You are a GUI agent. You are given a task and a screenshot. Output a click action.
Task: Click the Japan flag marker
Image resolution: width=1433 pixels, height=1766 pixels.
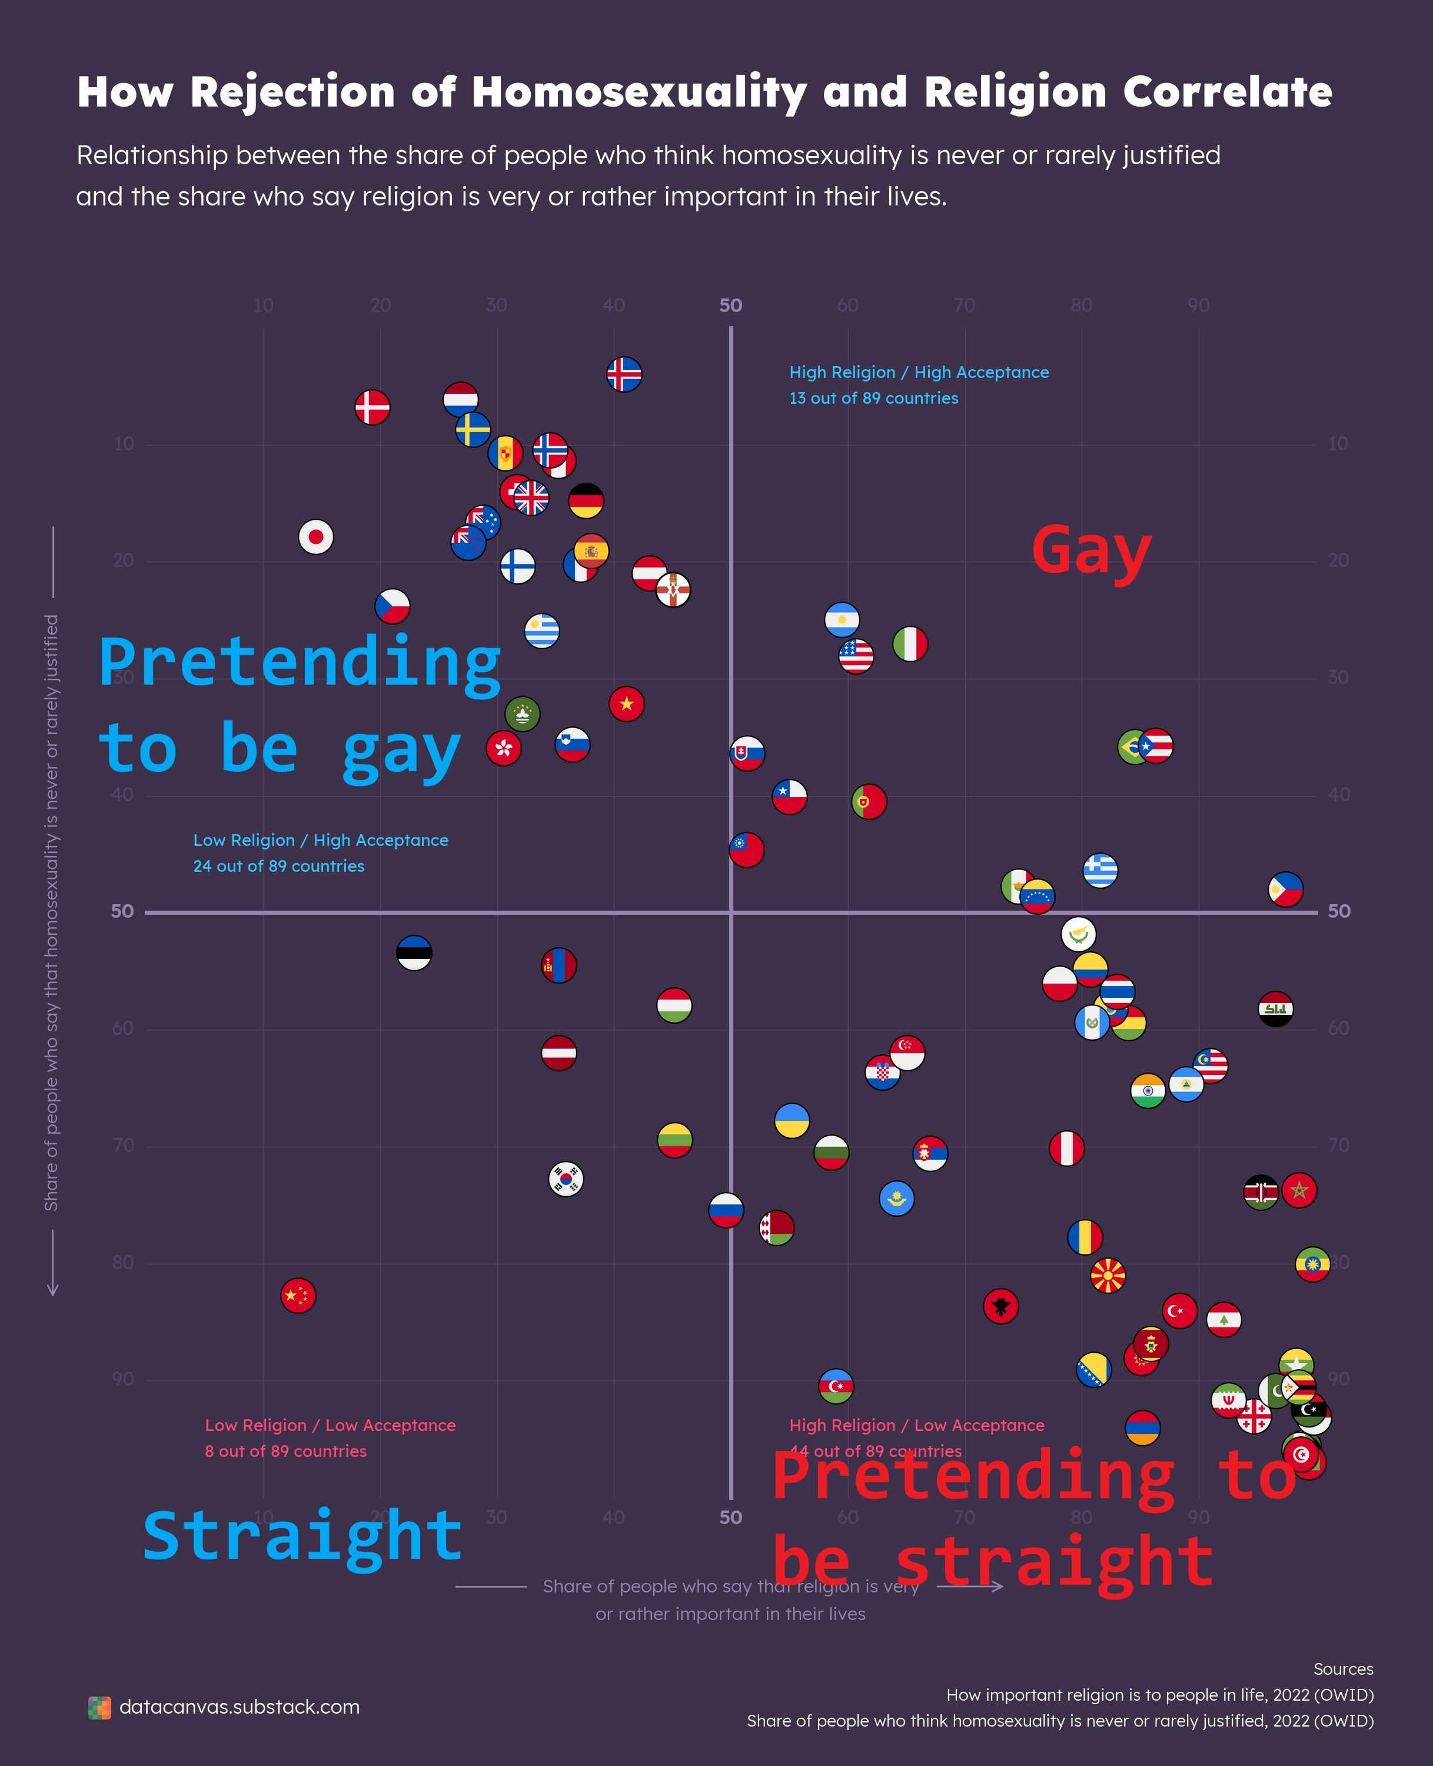315,537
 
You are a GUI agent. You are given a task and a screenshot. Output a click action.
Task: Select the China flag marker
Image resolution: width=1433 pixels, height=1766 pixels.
298,1296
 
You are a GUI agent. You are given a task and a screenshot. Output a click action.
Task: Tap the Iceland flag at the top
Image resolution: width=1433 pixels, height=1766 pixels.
624,374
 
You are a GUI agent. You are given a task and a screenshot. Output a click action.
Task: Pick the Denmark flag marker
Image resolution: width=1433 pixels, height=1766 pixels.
373,407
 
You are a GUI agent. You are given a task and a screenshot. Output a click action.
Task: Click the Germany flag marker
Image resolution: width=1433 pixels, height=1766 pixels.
586,501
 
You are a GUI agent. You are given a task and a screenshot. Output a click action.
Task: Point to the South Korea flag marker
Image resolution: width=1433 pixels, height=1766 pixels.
566,1179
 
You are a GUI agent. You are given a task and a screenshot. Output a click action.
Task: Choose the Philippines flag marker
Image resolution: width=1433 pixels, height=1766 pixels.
1285,889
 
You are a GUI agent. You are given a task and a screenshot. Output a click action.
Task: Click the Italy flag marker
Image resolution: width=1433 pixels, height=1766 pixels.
910,644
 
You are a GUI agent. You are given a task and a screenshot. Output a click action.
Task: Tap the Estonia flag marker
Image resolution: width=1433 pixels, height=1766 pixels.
414,953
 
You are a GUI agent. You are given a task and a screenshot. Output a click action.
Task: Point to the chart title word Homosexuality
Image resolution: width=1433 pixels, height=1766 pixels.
639,92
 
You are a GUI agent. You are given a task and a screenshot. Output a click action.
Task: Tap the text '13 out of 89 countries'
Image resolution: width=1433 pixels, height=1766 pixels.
873,398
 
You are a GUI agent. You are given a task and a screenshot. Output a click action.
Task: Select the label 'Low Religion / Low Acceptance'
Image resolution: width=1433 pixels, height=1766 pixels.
330,1425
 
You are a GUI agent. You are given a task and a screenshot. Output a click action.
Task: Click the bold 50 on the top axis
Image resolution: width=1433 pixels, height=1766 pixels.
730,306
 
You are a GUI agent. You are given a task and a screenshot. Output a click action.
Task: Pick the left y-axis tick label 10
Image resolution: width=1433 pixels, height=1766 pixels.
123,444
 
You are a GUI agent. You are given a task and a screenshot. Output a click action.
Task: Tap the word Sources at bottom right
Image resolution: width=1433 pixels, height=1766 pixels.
1343,1669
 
